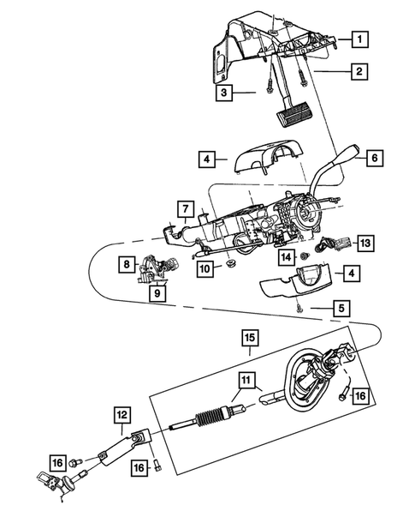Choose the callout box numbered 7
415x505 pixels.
coord(185,207)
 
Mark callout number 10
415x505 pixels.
coord(205,268)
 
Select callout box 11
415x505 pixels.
coord(245,386)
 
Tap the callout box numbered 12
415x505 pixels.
coord(122,415)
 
